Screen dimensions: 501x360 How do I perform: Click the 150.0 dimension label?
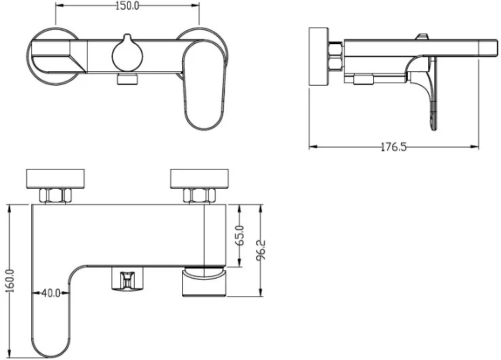(127, 6)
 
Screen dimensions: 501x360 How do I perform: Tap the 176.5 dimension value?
(394, 147)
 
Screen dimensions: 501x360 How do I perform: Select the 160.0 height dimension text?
(10, 281)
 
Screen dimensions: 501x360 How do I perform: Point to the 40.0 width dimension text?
(51, 293)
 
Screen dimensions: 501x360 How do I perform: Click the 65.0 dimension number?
(240, 235)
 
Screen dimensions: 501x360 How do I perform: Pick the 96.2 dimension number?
(261, 250)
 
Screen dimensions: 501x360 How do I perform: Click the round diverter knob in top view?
(127, 54)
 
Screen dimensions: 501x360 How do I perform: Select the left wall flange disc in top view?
(54, 56)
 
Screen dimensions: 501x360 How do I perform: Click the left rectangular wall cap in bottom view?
(55, 179)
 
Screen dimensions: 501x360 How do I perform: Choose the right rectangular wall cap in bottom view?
(199, 179)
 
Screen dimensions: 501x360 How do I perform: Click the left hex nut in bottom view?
(56, 196)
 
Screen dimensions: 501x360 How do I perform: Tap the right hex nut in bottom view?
(199, 196)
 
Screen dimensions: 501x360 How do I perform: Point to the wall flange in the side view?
(319, 56)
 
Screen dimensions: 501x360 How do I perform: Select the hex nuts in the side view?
(336, 56)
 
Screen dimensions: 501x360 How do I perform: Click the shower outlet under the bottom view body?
(127, 279)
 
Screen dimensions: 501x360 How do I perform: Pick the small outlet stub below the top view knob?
(128, 79)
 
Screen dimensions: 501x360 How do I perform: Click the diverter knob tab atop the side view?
(421, 37)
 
